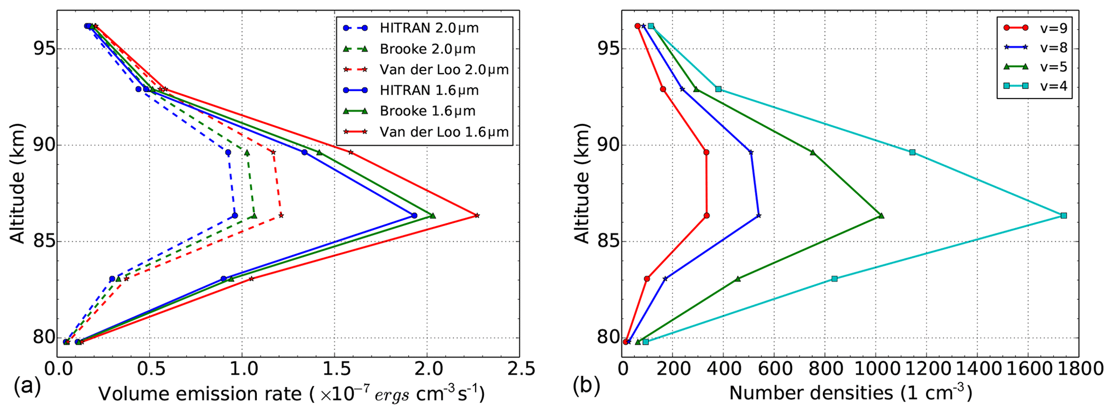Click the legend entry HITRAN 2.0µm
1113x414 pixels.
(429, 27)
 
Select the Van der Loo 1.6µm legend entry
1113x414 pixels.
(444, 132)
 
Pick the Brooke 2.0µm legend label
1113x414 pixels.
(427, 49)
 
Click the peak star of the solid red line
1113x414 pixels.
(477, 215)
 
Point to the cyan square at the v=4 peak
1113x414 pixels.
(1063, 215)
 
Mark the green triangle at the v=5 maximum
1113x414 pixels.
(881, 215)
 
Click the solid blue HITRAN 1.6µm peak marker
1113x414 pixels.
(414, 215)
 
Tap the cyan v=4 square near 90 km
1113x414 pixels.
(912, 152)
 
